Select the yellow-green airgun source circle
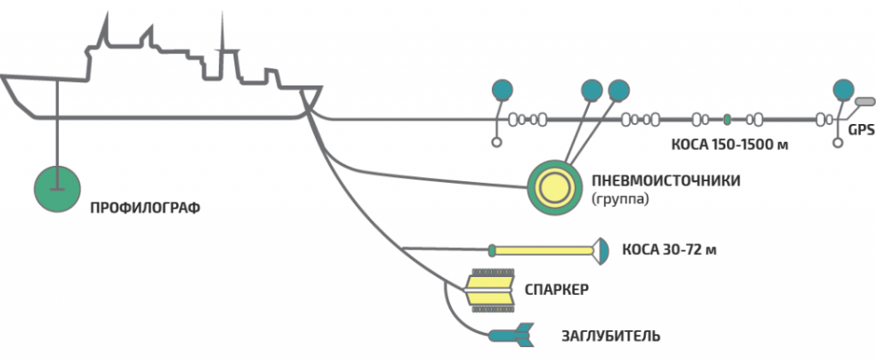point(550,183)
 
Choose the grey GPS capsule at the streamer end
point(864,103)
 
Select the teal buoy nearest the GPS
point(843,89)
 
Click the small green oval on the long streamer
point(726,119)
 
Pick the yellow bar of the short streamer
point(542,251)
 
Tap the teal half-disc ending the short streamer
point(602,250)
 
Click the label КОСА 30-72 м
point(669,251)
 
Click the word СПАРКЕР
point(555,289)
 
